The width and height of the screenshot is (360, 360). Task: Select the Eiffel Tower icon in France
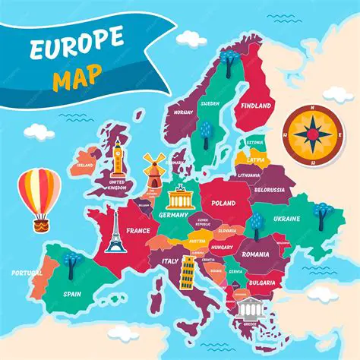click(x=114, y=231)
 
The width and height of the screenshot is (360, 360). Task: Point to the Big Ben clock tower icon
click(x=118, y=159)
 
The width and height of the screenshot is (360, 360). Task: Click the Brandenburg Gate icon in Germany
click(x=182, y=197)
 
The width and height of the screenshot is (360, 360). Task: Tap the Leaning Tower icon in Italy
click(x=187, y=271)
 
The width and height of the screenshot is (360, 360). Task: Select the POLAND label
click(x=223, y=204)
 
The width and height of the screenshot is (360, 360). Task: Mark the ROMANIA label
click(x=256, y=254)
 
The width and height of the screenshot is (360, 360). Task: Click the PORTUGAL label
click(x=27, y=272)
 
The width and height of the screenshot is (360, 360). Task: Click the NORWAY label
click(x=183, y=112)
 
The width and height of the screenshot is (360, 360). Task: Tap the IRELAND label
click(x=85, y=163)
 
